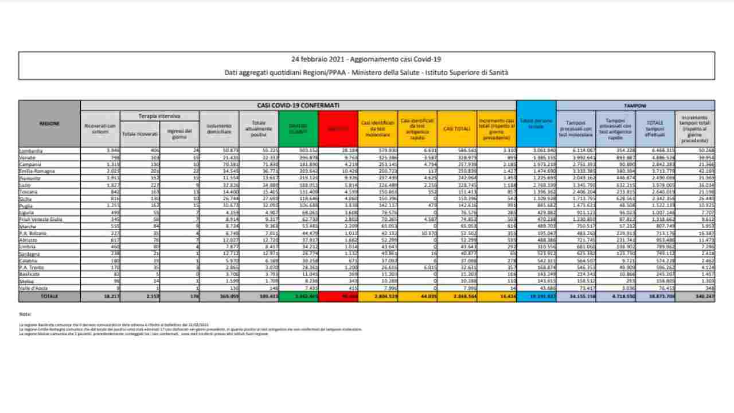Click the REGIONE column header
49,123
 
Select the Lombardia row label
31,150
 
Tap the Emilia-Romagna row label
36,171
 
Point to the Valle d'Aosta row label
34,289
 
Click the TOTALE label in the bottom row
49,297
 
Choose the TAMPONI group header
635,106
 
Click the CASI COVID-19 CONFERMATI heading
298,106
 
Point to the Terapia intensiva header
159,116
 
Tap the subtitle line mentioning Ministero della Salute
366,72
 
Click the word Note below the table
25,314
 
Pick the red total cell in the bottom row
338,297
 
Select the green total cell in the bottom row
298,297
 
